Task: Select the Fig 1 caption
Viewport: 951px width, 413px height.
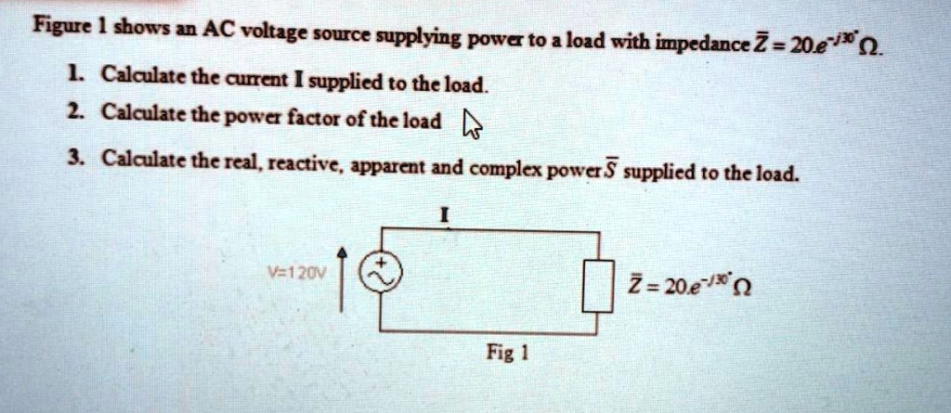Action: (x=507, y=355)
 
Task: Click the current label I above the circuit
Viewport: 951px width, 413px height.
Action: (x=446, y=214)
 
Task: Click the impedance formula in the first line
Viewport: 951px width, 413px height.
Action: (x=847, y=45)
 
